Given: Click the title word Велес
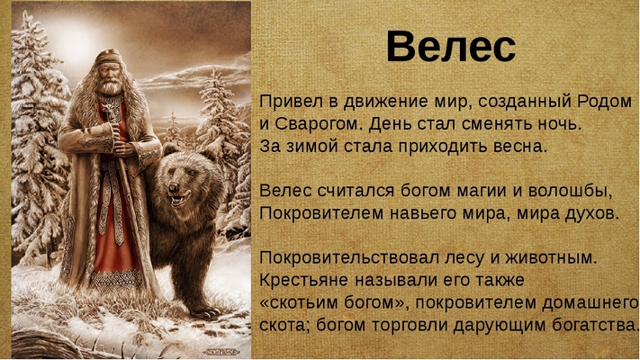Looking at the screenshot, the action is (451, 47).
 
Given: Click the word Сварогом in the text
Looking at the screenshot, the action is (317, 123).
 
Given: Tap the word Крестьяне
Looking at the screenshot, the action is (303, 280).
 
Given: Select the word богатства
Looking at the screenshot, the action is (595, 325).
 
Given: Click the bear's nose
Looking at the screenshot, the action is (174, 187).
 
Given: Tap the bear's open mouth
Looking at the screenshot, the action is (178, 200).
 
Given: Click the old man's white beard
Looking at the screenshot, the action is (110, 86).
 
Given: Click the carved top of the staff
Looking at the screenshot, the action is (109, 112).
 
